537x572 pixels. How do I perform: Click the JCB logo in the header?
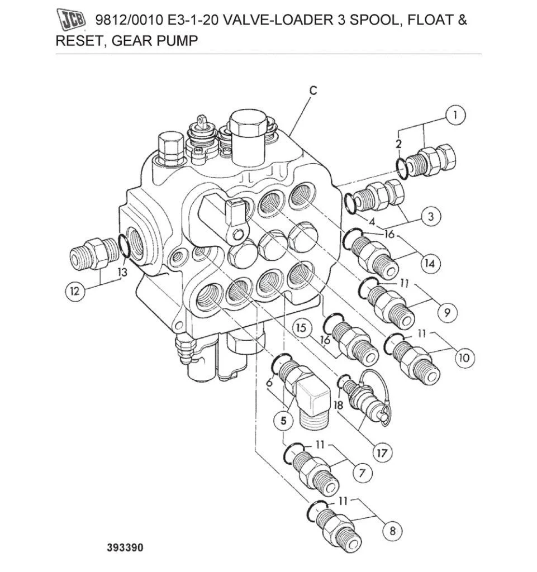(73, 21)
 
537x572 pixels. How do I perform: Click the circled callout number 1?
(455, 116)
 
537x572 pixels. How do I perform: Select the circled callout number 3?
(430, 216)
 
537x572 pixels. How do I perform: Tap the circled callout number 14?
(429, 263)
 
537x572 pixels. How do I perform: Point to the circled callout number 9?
(445, 313)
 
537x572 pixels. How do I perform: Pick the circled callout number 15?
(302, 328)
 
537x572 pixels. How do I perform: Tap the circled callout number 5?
(283, 421)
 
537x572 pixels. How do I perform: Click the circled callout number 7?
(362, 473)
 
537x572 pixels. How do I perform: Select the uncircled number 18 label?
(339, 405)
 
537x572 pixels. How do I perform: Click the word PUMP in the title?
(177, 41)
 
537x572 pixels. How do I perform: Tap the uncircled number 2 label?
(398, 144)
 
